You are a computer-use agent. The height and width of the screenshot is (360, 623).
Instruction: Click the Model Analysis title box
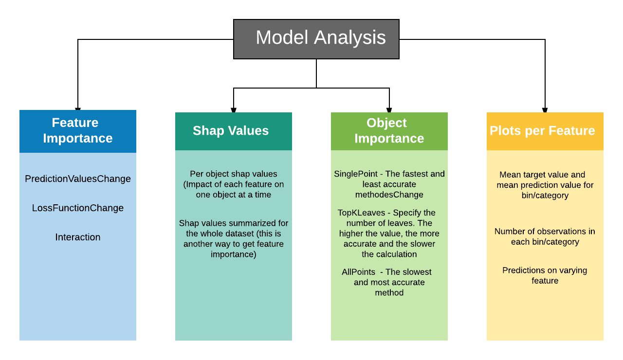(316, 39)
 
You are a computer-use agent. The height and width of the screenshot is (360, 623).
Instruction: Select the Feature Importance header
(78, 131)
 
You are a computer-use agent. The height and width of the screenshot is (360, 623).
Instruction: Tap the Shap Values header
(234, 131)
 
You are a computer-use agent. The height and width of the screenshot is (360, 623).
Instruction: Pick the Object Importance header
(389, 131)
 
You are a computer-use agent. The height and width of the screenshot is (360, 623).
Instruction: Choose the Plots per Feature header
(545, 131)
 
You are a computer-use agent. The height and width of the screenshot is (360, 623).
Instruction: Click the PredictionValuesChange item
(78, 179)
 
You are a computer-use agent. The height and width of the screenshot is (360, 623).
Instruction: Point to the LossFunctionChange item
(78, 208)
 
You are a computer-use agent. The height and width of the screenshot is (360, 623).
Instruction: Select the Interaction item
(78, 237)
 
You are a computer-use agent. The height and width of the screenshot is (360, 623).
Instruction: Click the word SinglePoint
(356, 174)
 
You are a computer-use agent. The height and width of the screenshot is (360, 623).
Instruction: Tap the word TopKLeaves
(361, 213)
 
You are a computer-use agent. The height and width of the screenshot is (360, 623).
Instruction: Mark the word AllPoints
(359, 272)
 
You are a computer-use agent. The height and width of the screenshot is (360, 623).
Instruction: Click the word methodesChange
(389, 195)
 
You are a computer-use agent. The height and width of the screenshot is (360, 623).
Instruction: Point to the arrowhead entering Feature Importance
(78, 109)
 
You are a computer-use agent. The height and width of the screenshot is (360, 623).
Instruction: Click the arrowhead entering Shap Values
(234, 110)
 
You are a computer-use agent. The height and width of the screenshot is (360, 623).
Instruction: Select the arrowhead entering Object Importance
(389, 110)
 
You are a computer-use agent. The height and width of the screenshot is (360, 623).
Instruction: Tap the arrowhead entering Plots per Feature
(545, 110)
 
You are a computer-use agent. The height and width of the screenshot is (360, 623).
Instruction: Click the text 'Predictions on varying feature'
(545, 275)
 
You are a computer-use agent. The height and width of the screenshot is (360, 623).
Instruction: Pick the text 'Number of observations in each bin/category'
(545, 236)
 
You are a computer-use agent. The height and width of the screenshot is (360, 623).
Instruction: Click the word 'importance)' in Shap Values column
(234, 254)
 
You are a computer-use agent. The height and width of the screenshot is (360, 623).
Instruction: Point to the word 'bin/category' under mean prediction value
(545, 196)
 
